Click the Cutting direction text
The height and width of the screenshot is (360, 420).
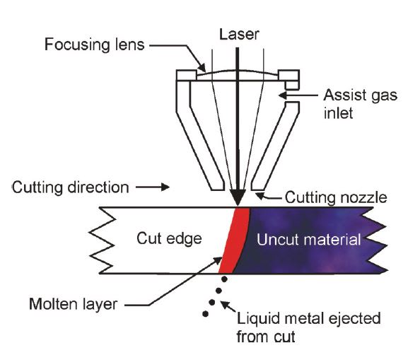coord(71,188)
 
